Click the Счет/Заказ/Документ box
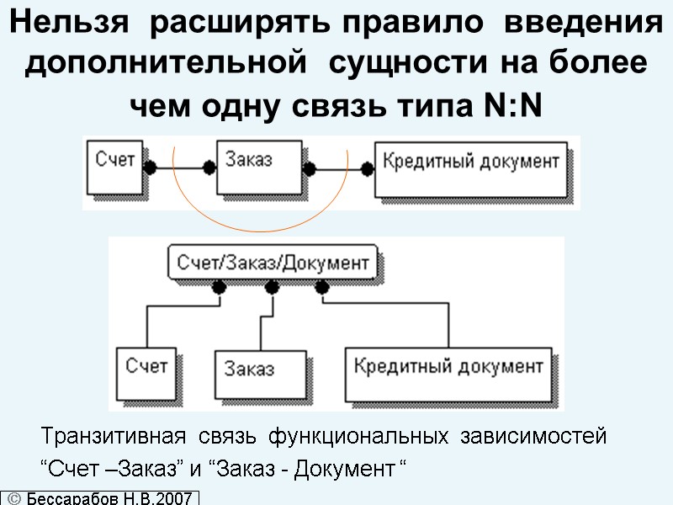(x=273, y=263)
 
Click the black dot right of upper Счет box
(x=150, y=167)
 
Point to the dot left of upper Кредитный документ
(x=367, y=168)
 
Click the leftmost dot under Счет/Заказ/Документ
(x=220, y=288)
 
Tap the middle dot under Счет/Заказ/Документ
(x=271, y=288)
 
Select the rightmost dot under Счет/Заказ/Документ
(x=321, y=288)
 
